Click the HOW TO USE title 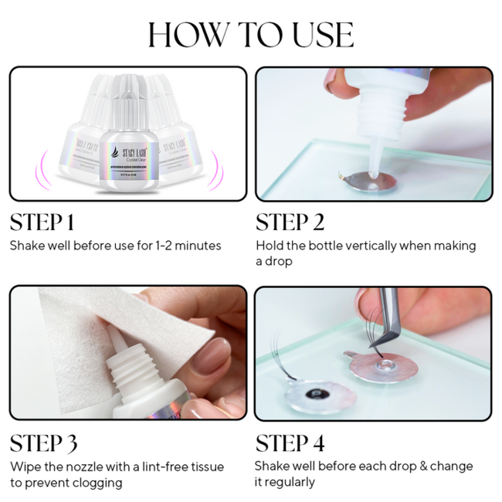251,35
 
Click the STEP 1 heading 42,222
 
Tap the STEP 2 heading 290,222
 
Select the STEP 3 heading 43,443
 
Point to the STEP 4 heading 290,443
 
